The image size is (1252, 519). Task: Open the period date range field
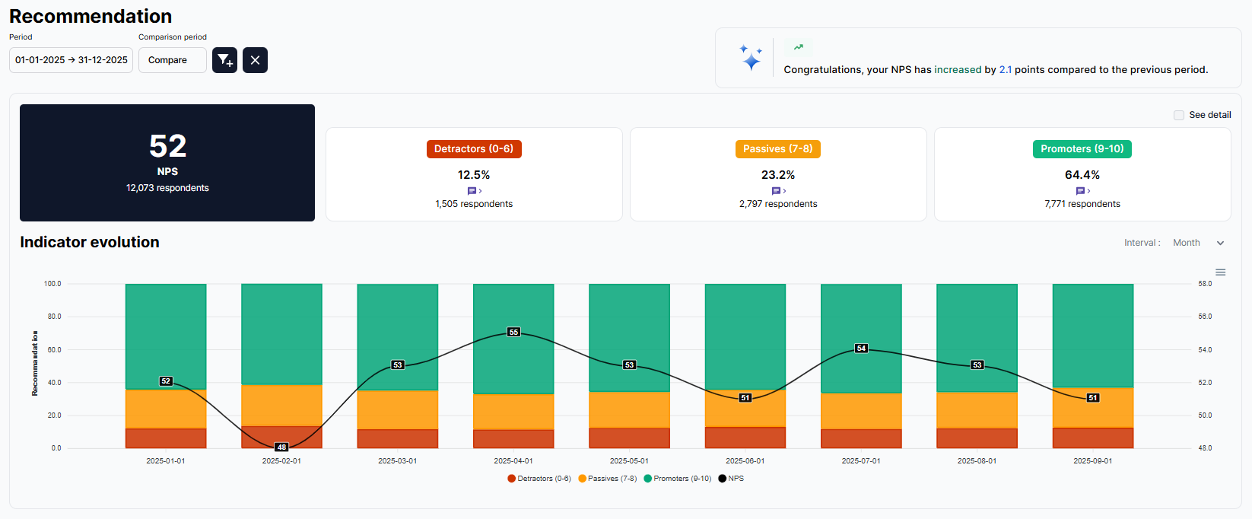coord(71,60)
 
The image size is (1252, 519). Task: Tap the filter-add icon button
coord(224,60)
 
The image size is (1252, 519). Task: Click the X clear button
coord(255,60)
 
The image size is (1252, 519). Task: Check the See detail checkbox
coord(1179,115)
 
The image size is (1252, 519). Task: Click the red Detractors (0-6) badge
coord(474,149)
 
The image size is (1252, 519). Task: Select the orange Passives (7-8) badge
coord(777,149)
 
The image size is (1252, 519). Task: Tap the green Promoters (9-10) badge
coord(1082,149)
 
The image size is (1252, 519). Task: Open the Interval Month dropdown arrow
coord(1220,244)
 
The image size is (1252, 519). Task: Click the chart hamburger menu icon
coord(1220,272)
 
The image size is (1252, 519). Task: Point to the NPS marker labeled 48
coord(281,447)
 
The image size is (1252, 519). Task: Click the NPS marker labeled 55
coord(513,333)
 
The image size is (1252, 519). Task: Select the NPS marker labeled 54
coord(861,349)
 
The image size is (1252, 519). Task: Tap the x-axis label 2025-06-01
coord(745,461)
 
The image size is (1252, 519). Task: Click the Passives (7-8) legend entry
coord(608,479)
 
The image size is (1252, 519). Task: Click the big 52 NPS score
coord(167,146)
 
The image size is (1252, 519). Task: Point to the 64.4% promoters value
coord(1082,175)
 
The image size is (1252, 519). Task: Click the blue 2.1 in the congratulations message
coord(1005,70)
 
